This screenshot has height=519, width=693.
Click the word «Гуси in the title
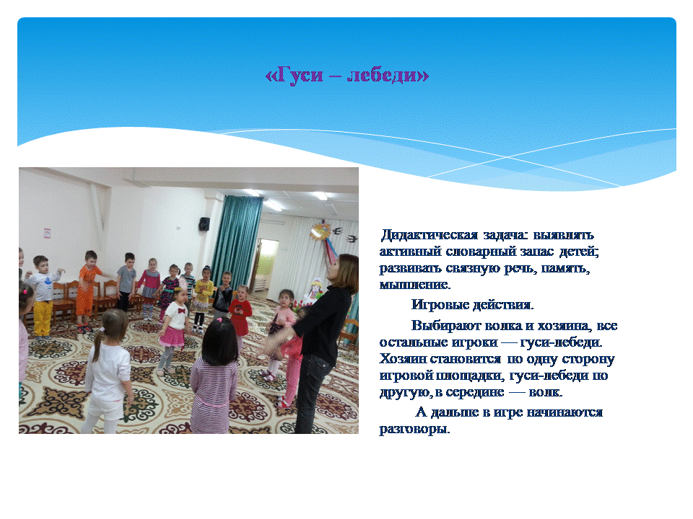[295, 76]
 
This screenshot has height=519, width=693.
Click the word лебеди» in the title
[388, 75]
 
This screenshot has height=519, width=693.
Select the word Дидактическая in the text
[429, 235]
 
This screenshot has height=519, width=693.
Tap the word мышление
[415, 285]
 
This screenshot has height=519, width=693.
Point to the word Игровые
[440, 305]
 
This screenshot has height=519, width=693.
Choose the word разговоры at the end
[414, 430]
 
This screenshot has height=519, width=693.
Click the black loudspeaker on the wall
[204, 223]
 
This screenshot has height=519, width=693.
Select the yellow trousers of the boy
[43, 318]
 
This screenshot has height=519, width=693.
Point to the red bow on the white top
[180, 310]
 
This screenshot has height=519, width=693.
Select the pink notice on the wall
[47, 233]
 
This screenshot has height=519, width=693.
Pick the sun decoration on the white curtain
[321, 231]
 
